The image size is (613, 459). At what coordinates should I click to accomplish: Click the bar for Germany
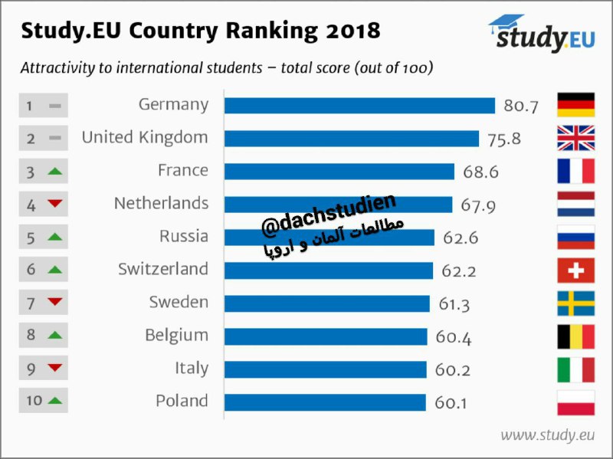(x=359, y=106)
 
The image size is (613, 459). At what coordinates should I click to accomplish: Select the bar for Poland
(x=325, y=403)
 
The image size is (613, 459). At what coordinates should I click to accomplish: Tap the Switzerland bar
(x=329, y=270)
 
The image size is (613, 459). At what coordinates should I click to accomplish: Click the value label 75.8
(x=504, y=139)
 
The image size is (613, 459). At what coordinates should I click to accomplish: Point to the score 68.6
(x=481, y=172)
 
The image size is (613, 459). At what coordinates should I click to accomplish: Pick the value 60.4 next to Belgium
(x=454, y=337)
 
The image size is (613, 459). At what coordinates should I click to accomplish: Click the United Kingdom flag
(x=576, y=138)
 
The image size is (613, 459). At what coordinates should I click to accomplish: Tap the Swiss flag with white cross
(x=576, y=270)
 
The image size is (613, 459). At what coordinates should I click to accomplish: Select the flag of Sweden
(x=576, y=303)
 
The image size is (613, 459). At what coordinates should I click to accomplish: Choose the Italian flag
(x=576, y=369)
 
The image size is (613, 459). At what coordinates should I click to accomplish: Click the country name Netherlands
(x=161, y=203)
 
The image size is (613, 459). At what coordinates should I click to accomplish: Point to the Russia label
(x=184, y=236)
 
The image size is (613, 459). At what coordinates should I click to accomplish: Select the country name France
(x=183, y=170)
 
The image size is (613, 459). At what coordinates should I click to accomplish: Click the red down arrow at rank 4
(x=55, y=203)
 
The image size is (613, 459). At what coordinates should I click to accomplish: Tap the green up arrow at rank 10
(x=55, y=400)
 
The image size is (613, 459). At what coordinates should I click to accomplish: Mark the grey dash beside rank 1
(x=55, y=106)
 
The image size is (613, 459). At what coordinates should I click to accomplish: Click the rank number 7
(x=31, y=303)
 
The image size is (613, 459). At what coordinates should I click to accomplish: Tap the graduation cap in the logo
(x=506, y=24)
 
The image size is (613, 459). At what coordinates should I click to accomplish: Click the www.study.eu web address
(x=547, y=435)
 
